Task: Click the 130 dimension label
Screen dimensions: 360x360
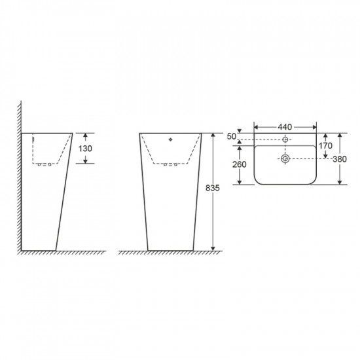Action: point(85,149)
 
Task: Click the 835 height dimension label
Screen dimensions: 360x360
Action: point(212,188)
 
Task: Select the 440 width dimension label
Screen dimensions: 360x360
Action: point(285,127)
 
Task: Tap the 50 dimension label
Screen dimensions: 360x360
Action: point(232,136)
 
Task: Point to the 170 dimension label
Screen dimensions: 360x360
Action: point(325,145)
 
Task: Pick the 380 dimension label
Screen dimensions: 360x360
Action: point(340,159)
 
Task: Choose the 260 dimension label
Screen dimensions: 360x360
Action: point(239,164)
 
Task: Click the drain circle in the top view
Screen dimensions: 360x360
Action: point(285,158)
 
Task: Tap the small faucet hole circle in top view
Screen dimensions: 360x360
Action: point(285,139)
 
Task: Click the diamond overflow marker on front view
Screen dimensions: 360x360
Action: point(170,139)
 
